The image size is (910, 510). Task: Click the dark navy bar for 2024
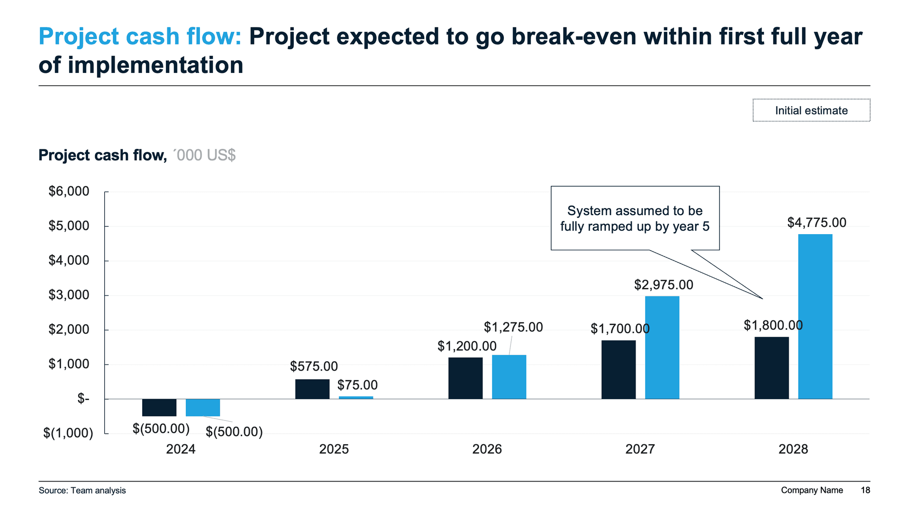(159, 408)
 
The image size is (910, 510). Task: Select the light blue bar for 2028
(815, 316)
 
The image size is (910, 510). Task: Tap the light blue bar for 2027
(662, 347)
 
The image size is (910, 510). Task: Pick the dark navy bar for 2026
(465, 378)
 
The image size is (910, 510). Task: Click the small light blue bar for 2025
(356, 398)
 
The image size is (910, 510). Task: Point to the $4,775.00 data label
(817, 223)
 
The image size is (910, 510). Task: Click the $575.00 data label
(314, 366)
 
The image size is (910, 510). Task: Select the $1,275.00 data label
(513, 327)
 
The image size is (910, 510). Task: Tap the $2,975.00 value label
(664, 285)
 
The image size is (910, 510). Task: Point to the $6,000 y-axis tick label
(69, 191)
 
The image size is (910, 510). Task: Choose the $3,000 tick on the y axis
(69, 295)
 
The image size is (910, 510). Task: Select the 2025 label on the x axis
(334, 449)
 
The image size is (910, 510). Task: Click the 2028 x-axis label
(793, 449)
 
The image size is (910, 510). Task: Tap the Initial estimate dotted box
(811, 110)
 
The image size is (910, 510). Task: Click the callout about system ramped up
(635, 219)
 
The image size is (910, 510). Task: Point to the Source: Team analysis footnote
(82, 491)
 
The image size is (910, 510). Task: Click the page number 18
(865, 491)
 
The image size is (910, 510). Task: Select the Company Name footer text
(811, 491)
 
